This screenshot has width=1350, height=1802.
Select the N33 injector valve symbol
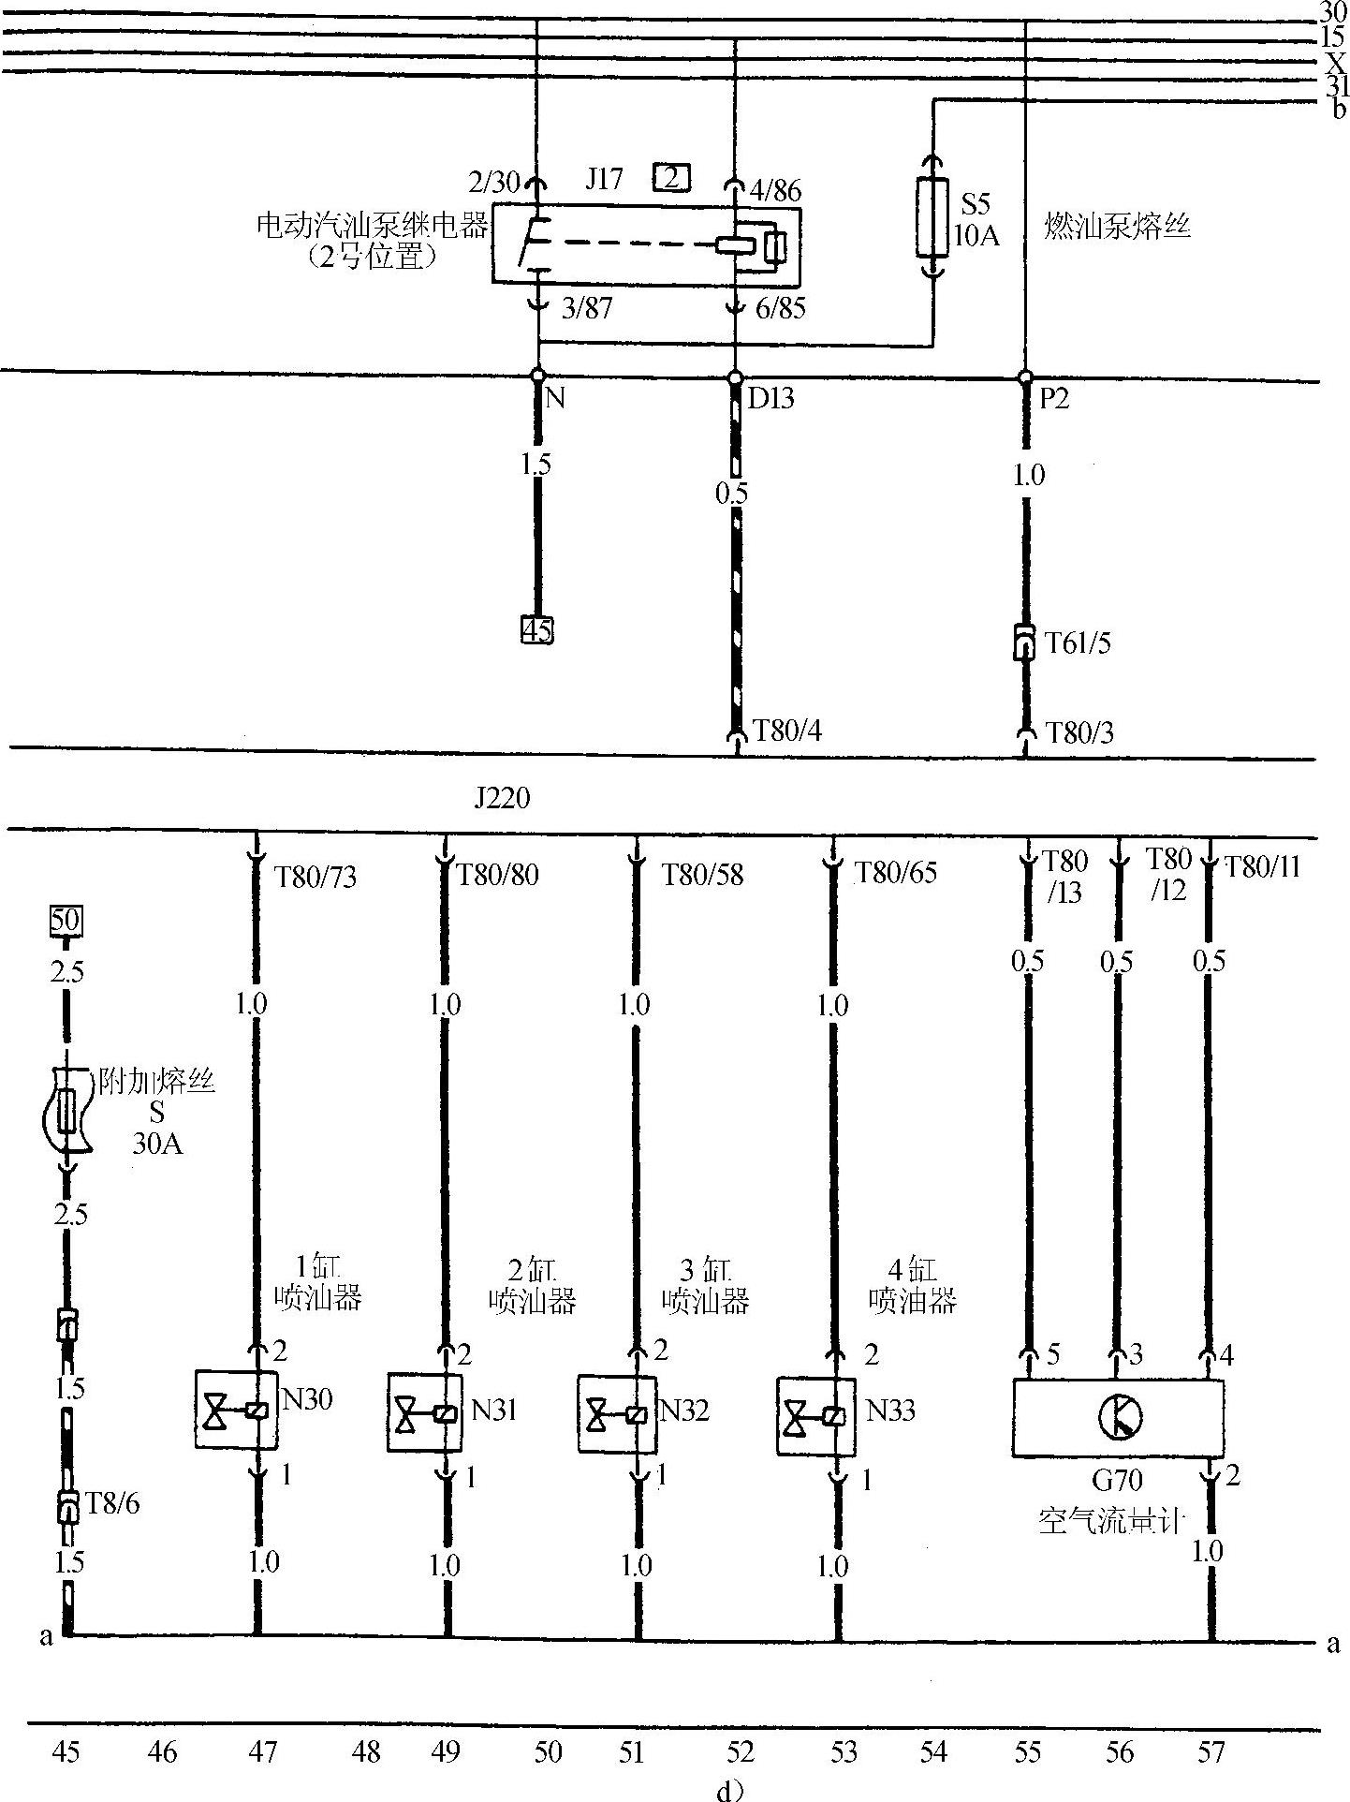[815, 1415]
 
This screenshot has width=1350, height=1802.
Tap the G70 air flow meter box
[1118, 1416]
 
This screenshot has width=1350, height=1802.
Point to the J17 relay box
[646, 245]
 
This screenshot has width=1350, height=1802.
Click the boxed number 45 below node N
[536, 629]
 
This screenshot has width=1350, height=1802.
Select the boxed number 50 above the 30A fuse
[66, 920]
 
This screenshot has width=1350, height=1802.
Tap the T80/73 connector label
[315, 877]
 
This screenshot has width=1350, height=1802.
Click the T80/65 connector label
[895, 873]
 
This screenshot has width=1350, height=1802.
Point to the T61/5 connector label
[1078, 643]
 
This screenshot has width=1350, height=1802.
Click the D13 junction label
[770, 400]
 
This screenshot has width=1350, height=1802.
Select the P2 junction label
[1053, 400]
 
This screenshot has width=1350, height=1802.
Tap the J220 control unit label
[502, 798]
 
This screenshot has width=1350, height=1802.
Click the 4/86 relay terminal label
[775, 191]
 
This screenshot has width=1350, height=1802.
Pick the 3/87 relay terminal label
[586, 308]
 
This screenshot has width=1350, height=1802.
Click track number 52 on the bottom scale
[740, 1750]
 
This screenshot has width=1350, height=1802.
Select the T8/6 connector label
[112, 1503]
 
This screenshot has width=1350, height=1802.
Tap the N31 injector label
[494, 1410]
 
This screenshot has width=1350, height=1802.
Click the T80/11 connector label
[1262, 867]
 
